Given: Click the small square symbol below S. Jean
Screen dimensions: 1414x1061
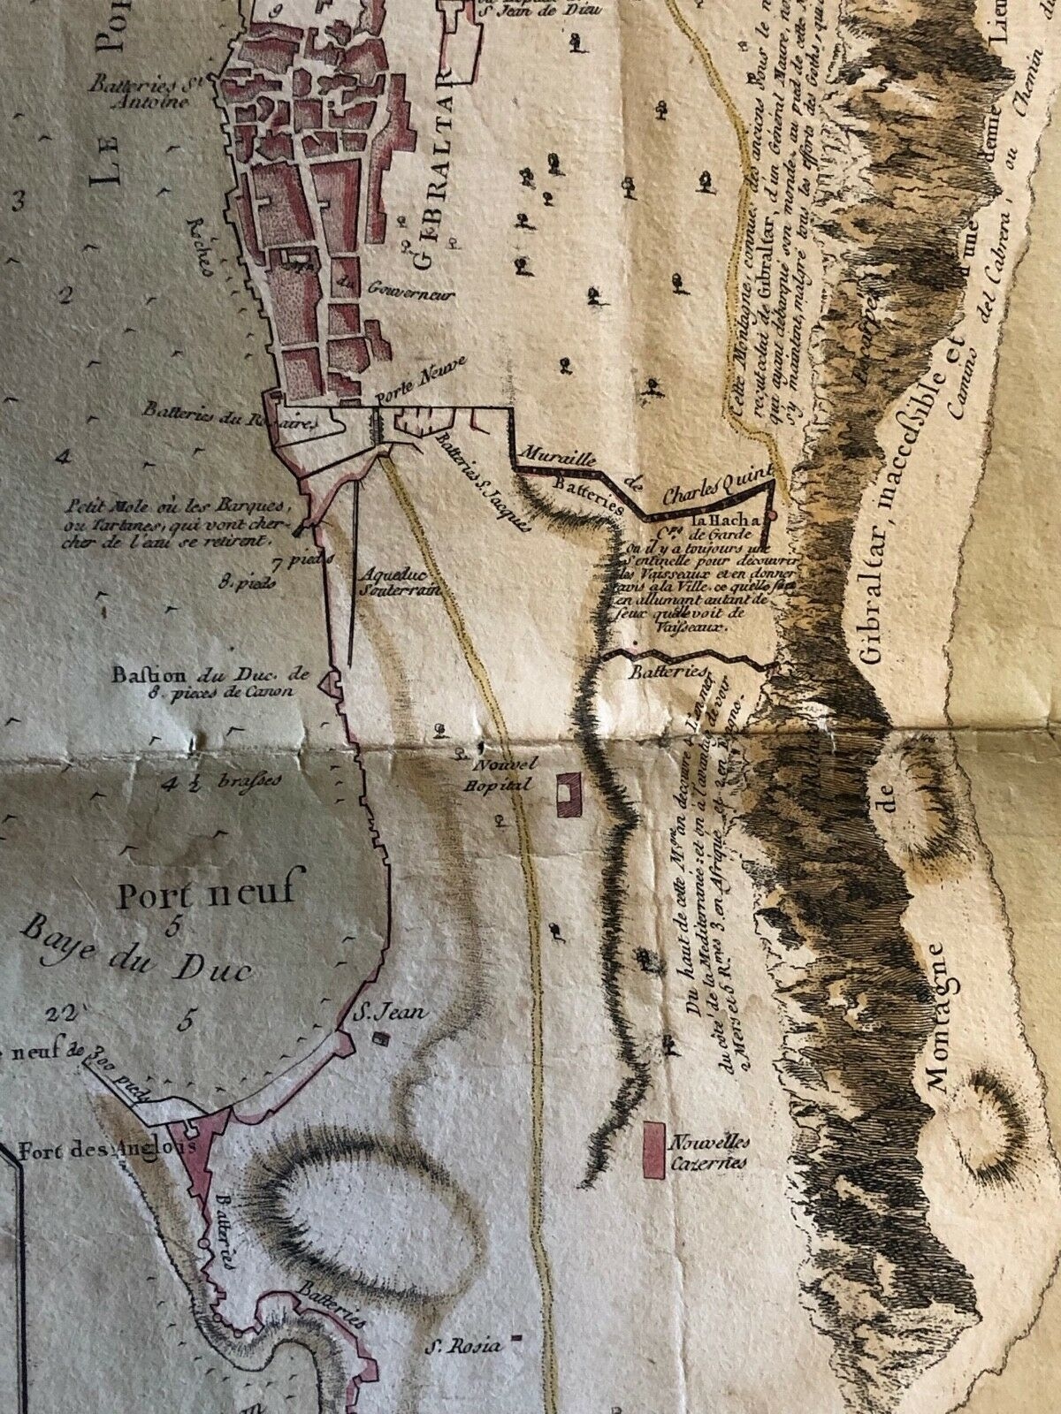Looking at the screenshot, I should (x=382, y=1038).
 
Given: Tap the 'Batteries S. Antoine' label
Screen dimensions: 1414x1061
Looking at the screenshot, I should (x=146, y=92).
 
